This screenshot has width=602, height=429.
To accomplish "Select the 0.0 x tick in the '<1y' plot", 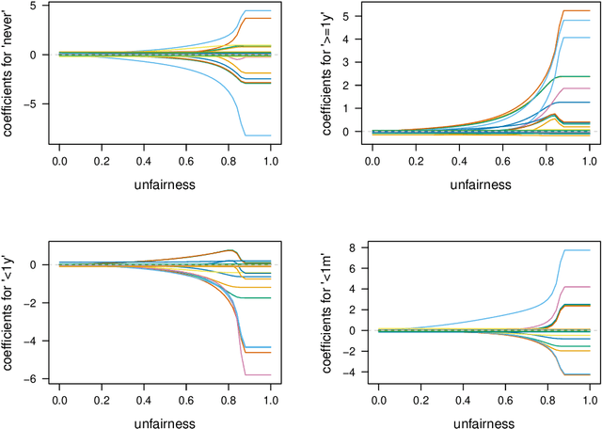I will tap(59, 402).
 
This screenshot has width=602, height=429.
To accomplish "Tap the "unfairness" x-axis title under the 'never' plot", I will tap(165, 184).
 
